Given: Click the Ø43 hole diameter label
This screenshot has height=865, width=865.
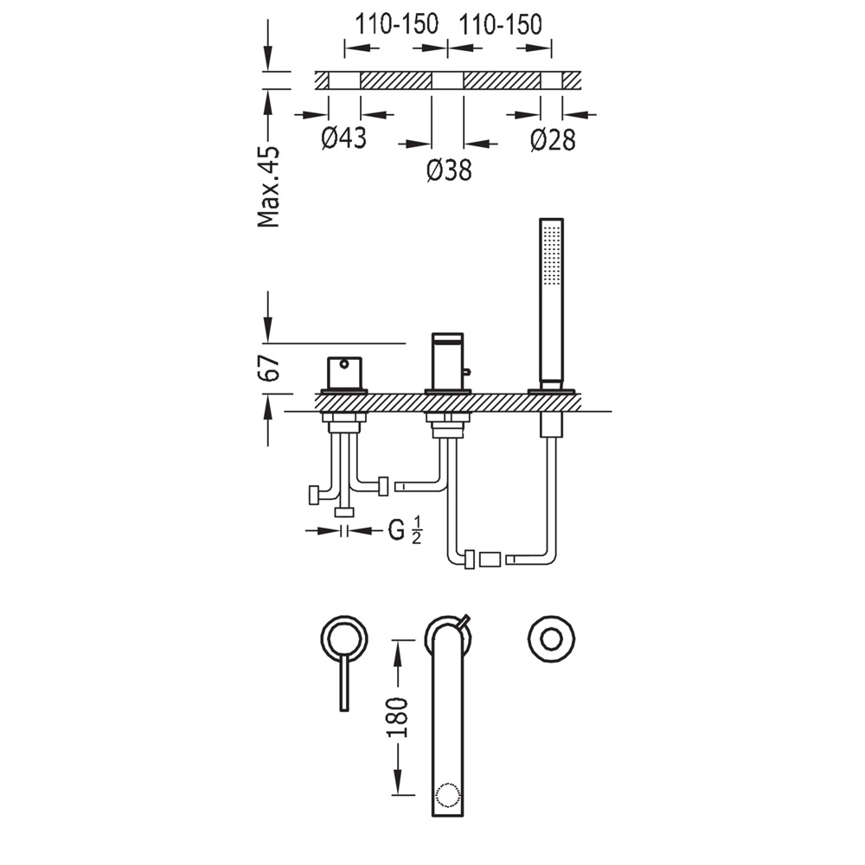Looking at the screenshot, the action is click(x=343, y=138).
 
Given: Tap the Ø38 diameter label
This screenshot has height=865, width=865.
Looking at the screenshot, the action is click(x=449, y=170).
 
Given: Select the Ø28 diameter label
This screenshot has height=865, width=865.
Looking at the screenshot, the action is click(x=553, y=139).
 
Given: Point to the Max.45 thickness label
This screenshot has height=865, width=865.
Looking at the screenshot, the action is click(x=269, y=187).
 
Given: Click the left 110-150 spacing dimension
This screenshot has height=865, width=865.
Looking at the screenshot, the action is click(x=396, y=23).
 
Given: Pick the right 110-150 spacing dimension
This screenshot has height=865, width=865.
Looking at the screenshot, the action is click(x=500, y=23).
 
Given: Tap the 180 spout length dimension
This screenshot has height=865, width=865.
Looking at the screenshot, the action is click(x=397, y=717).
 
